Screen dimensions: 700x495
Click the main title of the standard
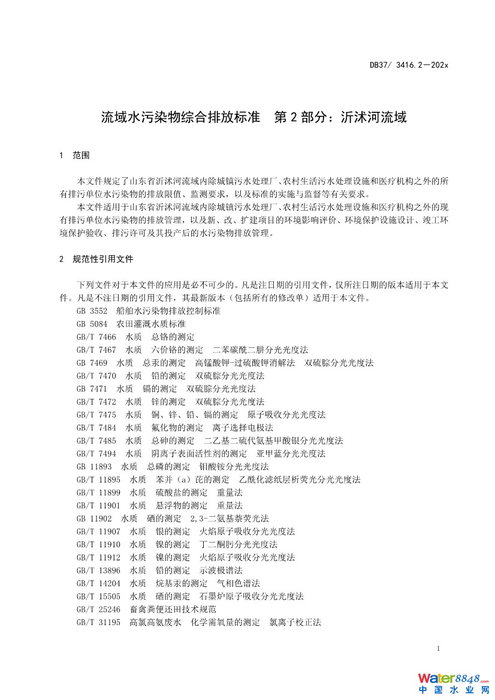pos(254,117)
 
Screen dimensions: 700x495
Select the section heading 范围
pos(81,156)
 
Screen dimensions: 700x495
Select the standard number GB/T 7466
pos(96,337)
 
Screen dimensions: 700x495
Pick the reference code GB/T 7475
pos(96,414)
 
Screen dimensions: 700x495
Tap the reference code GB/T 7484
pos(96,428)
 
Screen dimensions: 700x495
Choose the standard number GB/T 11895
pos(98,480)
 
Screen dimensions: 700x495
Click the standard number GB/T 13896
pos(98,570)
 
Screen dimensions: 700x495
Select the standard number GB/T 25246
pos(98,609)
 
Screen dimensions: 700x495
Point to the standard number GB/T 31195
pos(98,622)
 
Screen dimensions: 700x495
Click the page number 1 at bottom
pos(439,649)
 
